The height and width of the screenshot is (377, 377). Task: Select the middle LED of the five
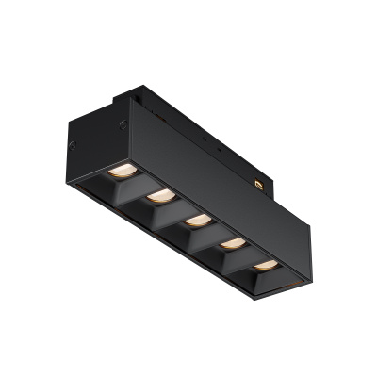(x=197, y=221)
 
